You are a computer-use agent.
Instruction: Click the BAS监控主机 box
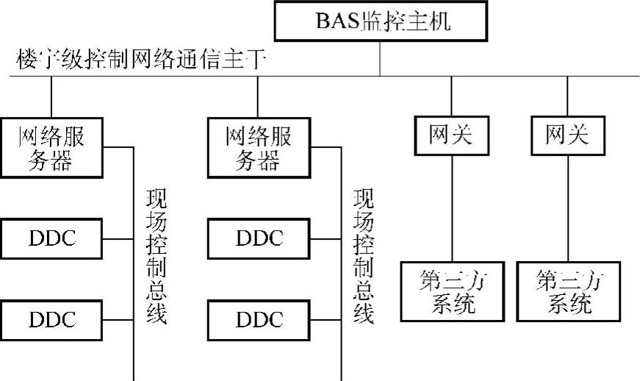[381, 21]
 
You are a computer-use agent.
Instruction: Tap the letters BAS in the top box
[337, 21]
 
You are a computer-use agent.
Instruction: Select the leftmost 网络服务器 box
[51, 147]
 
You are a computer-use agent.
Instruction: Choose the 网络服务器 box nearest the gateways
[258, 147]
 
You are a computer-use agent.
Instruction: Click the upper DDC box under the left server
[51, 238]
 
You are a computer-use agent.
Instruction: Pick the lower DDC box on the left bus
[51, 320]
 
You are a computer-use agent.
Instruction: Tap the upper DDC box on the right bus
[258, 238]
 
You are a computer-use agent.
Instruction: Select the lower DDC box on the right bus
[258, 320]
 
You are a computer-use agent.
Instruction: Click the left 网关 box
[451, 135]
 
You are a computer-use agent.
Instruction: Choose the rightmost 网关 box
[568, 135]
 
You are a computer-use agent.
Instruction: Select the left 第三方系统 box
[451, 292]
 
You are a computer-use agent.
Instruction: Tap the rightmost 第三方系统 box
[568, 292]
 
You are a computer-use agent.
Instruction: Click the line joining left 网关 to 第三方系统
[451, 210]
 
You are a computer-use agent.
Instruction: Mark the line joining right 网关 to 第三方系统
[568, 210]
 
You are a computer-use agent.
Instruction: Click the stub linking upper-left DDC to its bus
[118, 238]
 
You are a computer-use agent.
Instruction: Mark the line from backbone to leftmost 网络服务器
[51, 96]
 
